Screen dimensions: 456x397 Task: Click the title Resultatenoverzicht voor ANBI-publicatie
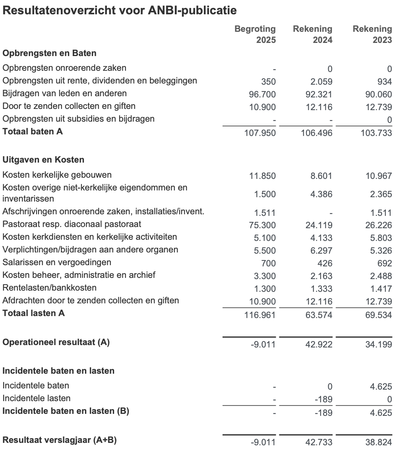tap(120, 11)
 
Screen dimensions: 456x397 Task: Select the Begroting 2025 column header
tap(255, 34)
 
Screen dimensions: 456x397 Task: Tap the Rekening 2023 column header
tap(372, 34)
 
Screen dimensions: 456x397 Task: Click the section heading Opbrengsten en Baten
tap(49, 53)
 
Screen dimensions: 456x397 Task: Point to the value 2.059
tap(321, 81)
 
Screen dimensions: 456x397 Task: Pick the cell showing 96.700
tap(262, 94)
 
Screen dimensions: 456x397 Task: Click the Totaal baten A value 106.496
tap(316, 133)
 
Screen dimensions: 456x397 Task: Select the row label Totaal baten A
tap(33, 132)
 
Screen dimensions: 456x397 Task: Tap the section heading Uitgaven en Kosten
tap(43, 160)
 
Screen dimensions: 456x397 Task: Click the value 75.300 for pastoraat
tap(262, 225)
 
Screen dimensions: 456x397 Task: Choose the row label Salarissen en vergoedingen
tap(57, 262)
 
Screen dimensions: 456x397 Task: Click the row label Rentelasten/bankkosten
tap(50, 288)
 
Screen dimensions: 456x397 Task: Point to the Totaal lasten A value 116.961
tap(260, 315)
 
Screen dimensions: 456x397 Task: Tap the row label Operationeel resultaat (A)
tap(56, 342)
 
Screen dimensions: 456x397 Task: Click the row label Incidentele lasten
tap(37, 398)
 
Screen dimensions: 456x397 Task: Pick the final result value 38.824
tap(378, 442)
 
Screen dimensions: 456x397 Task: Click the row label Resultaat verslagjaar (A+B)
tap(60, 440)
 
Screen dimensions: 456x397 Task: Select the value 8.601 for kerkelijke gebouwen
tap(321, 176)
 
